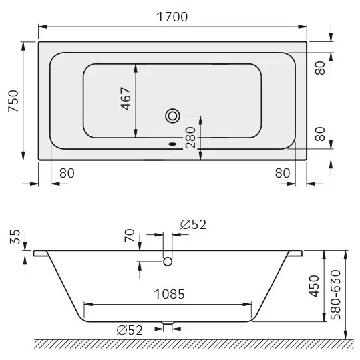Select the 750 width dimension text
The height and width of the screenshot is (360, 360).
pos(13,101)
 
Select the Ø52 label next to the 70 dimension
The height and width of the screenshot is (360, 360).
pos(193,224)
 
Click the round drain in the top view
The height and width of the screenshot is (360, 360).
pos(172,116)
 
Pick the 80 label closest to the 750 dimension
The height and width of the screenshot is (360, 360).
pos(66,173)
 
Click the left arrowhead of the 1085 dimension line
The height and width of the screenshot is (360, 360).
pos(85,304)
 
